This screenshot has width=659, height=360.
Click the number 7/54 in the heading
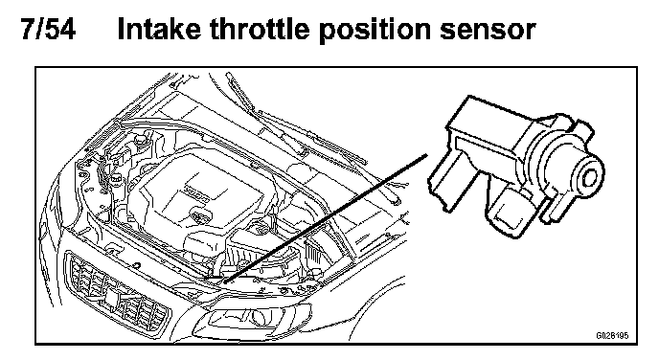(x=48, y=29)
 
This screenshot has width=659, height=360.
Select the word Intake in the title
(x=159, y=29)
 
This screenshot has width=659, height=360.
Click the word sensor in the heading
(x=488, y=32)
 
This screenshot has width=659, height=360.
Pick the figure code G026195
(x=612, y=336)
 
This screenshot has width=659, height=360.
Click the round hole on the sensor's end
(x=590, y=177)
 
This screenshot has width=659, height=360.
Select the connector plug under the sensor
(x=506, y=210)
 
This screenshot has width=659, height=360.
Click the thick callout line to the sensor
(x=325, y=218)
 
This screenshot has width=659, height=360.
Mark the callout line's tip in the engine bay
(x=224, y=282)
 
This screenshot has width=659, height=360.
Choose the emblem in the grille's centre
(x=113, y=295)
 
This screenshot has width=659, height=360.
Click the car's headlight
(x=252, y=320)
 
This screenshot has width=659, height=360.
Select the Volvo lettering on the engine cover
(x=197, y=194)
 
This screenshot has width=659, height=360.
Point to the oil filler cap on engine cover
(x=198, y=217)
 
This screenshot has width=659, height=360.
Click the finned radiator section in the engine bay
(x=312, y=253)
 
